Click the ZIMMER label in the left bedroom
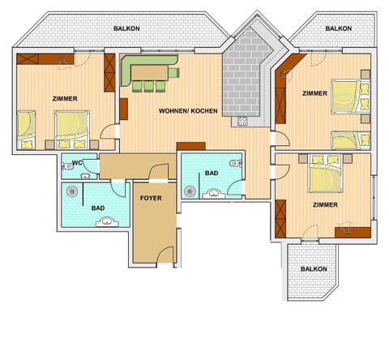tap(65, 99)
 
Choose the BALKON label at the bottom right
tap(314, 268)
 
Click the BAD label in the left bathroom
tap(98, 208)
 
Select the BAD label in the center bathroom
tap(212, 174)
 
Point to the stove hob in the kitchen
tap(241, 122)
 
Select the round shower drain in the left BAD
tap(74, 193)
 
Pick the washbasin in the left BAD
tap(109, 221)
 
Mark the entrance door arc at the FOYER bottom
tap(166, 255)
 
